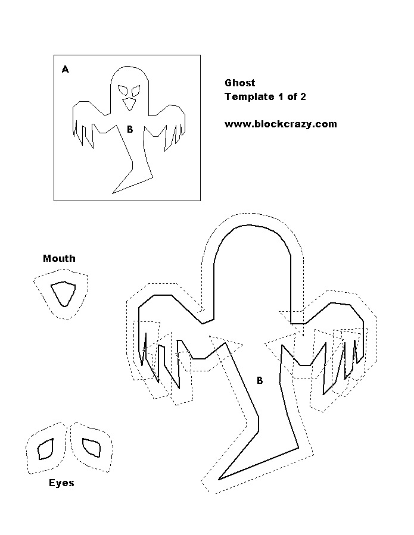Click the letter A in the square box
pyautogui.click(x=66, y=70)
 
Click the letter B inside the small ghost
pyautogui.click(x=130, y=129)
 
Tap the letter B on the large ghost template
pyautogui.click(x=260, y=380)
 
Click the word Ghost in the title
pyautogui.click(x=240, y=83)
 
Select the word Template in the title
pyautogui.click(x=250, y=97)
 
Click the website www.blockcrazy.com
pyautogui.click(x=281, y=124)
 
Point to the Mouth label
pyautogui.click(x=59, y=258)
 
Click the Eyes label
pyautogui.click(x=61, y=483)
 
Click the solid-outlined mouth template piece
pyautogui.click(x=63, y=293)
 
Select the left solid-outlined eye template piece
pyautogui.click(x=45, y=449)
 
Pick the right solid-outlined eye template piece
pyautogui.click(x=92, y=448)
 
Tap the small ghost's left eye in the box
pyautogui.click(x=123, y=90)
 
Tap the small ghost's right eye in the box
pyautogui.click(x=136, y=90)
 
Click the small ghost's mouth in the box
pyautogui.click(x=129, y=104)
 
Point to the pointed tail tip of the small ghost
pyautogui.click(x=113, y=193)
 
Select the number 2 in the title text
pyautogui.click(x=303, y=97)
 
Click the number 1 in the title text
pyautogui.click(x=281, y=97)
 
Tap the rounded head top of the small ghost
pyautogui.click(x=129, y=67)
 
